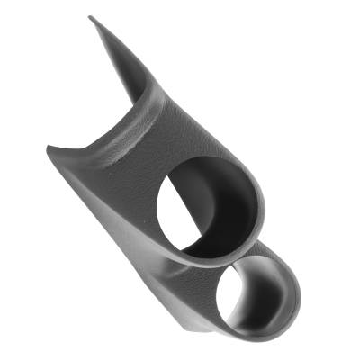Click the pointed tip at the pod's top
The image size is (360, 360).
tap(92, 19)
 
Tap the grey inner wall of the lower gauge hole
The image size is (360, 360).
tap(270, 283)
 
